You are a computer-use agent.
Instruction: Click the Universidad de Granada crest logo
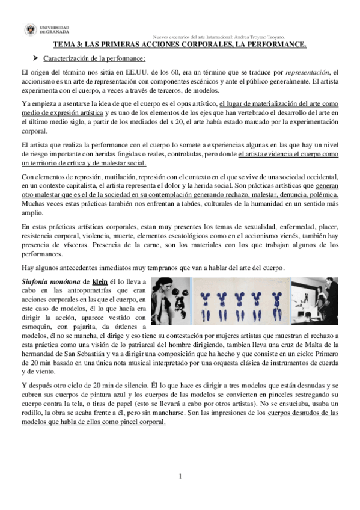click(x=30, y=30)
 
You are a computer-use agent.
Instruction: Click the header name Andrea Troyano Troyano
click(x=276, y=37)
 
